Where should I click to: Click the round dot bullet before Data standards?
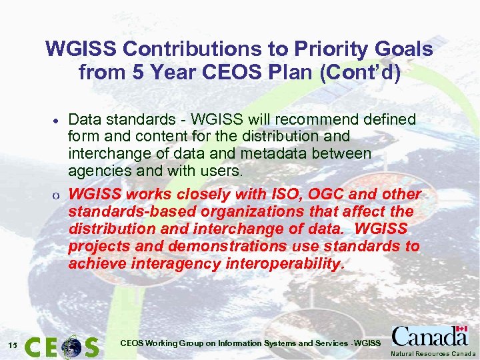point(58,121)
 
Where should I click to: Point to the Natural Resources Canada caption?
point(433,353)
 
